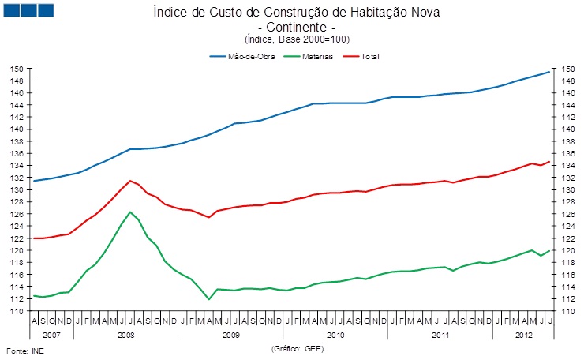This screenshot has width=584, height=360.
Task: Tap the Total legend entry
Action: coord(370,57)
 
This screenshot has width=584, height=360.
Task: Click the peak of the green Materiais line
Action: coord(130,212)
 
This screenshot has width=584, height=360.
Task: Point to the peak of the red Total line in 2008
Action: coord(130,181)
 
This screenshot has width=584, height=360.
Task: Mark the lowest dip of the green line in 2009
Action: coord(208,299)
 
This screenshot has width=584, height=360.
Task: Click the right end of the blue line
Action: coord(549,72)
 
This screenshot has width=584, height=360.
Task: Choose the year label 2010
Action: coord(335,335)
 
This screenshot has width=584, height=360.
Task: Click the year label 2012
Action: coord(522,335)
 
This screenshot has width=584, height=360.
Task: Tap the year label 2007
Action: coord(51,335)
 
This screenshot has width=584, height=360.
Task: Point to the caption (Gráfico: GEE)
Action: coord(297,347)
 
